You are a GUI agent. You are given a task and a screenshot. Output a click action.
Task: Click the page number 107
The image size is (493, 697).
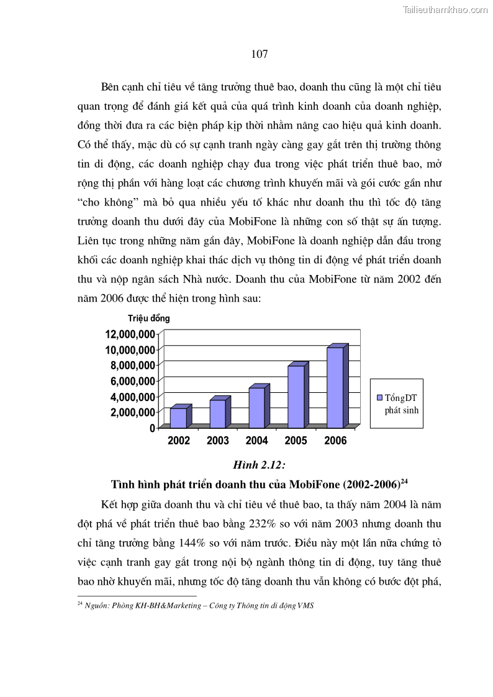(x=260, y=54)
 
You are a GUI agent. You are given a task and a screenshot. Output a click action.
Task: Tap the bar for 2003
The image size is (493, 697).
(x=217, y=414)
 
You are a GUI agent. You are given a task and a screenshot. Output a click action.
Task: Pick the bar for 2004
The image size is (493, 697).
(x=257, y=408)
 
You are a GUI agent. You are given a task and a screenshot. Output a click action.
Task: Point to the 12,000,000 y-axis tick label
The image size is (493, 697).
(x=130, y=334)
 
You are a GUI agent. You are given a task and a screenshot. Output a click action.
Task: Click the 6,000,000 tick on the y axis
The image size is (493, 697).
(x=132, y=381)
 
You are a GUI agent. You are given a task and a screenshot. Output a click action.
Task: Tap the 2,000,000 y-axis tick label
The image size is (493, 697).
(x=132, y=412)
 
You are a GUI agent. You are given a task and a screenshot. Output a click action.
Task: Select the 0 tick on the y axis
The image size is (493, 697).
(x=152, y=428)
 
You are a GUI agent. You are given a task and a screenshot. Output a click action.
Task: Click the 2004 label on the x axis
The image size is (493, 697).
(x=257, y=441)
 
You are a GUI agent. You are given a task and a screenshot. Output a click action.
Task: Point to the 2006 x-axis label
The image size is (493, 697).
(x=335, y=441)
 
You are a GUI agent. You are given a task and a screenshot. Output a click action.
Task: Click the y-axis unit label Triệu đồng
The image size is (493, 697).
(x=149, y=318)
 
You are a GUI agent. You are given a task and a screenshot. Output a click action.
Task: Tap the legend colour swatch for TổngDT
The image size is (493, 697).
(x=379, y=398)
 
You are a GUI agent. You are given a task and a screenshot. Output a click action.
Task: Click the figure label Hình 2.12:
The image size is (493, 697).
(x=259, y=465)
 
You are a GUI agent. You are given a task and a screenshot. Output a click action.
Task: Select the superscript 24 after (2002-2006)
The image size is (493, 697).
(x=404, y=481)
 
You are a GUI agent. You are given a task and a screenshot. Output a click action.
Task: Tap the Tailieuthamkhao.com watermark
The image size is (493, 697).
(x=445, y=9)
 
